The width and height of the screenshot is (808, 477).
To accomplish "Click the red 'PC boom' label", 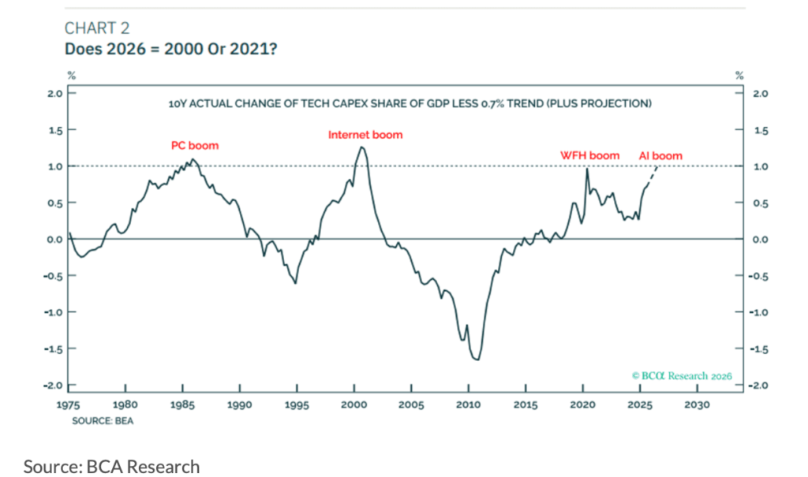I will click(195, 146).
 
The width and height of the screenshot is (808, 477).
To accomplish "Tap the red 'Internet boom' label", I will click(365, 135).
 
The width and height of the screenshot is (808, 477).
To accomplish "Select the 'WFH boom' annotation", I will click(590, 156).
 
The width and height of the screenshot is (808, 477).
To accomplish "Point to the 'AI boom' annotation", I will click(660, 156).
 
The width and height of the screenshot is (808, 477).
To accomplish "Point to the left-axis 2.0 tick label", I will click(54, 93).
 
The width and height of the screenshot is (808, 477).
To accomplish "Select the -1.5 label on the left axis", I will click(52, 348).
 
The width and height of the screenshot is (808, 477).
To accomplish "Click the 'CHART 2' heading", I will click(97, 28).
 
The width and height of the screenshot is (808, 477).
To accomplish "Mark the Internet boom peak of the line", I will click(361, 147).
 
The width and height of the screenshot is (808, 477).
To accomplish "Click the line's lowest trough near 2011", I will click(477, 360).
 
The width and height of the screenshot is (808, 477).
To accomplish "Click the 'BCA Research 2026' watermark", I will click(682, 375).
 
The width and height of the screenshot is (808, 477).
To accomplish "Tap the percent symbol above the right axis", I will click(739, 76).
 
